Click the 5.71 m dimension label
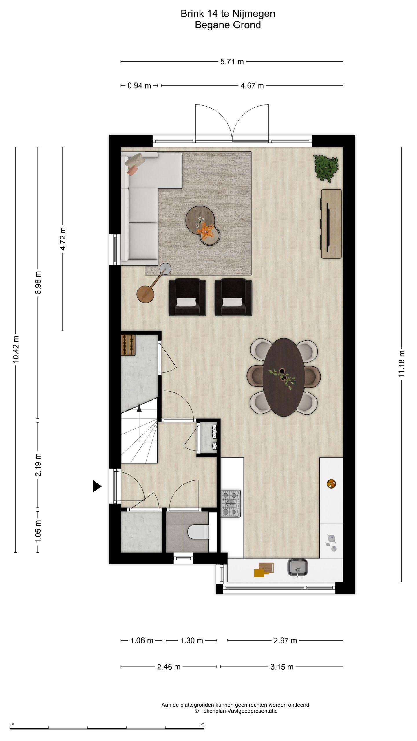pos(232,62)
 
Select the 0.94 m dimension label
pos(139,86)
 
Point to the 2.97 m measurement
pos(285,641)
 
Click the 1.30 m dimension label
pos(191,641)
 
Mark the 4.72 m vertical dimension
pos(63,239)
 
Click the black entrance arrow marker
pos(97,486)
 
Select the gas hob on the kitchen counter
pos(231,503)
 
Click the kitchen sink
pos(297,567)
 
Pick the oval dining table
pos(284,377)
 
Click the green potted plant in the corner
pos(326,168)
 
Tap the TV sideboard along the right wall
pos(331,224)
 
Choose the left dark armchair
pos(187,297)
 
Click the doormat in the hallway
pos(128,345)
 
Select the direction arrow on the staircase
pos(139,408)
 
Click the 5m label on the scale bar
pos(202,724)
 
